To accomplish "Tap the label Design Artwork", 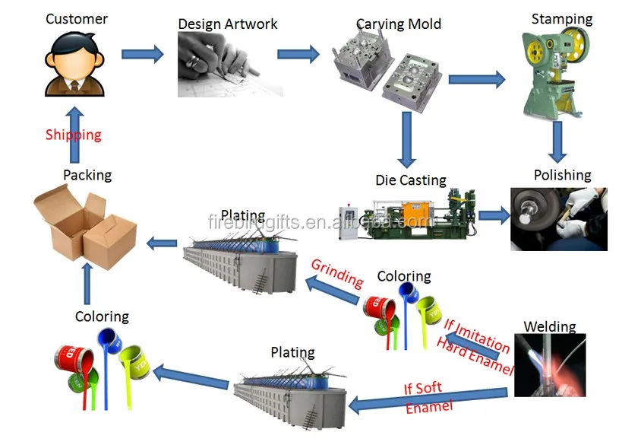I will click(x=228, y=24).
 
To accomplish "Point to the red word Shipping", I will click(x=73, y=135).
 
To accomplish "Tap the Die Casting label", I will click(x=411, y=180).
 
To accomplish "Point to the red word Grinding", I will click(x=337, y=273).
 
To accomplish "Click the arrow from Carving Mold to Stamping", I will click(x=477, y=78).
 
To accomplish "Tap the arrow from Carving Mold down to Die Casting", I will click(x=407, y=139).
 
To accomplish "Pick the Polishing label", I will click(x=562, y=175).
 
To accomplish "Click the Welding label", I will click(x=550, y=326).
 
